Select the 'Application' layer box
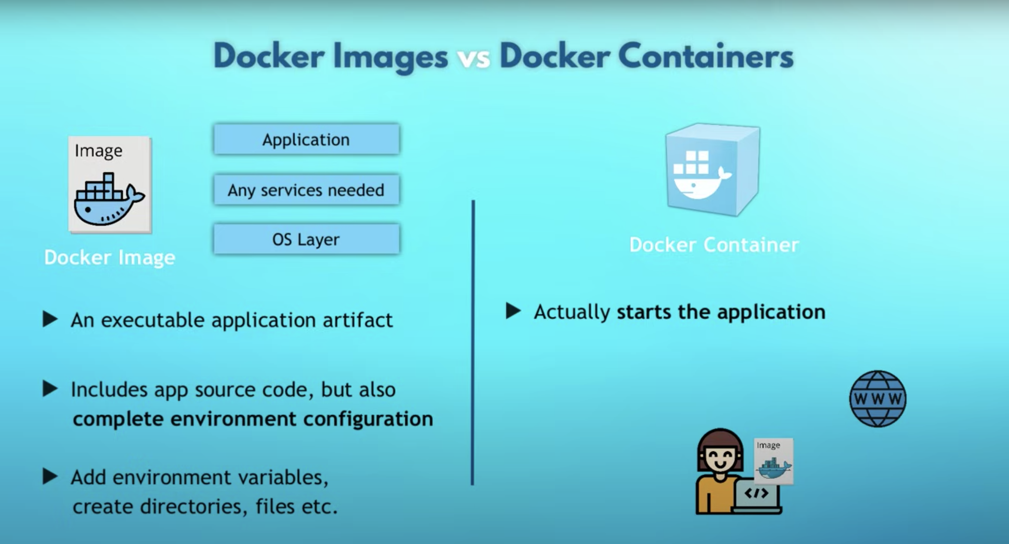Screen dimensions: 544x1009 click(306, 139)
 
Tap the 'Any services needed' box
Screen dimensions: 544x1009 click(306, 190)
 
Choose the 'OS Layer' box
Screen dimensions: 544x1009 click(306, 239)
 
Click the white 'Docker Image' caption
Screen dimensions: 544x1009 click(110, 257)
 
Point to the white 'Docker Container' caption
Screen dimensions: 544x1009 click(714, 245)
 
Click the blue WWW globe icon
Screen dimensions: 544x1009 click(877, 399)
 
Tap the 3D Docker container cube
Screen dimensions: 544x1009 click(712, 170)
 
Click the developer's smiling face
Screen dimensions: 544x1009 click(720, 458)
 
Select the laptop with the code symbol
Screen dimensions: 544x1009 click(756, 494)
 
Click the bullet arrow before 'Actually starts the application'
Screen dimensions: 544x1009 click(513, 311)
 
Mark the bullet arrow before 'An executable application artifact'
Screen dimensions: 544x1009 click(50, 319)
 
